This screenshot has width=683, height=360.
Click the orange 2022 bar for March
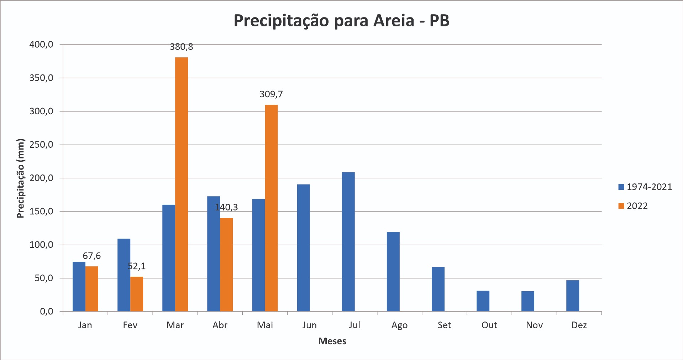tap(182, 184)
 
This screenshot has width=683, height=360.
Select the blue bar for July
tap(348, 242)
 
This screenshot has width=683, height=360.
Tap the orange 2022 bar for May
tap(271, 208)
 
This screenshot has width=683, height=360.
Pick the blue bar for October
tap(483, 301)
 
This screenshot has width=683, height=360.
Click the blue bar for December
tap(573, 296)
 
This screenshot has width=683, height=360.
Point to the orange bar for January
tap(92, 289)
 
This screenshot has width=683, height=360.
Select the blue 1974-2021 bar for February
tap(124, 275)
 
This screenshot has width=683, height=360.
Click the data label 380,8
tap(182, 47)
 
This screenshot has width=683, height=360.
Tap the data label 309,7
tap(271, 94)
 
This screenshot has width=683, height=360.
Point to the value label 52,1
tap(137, 266)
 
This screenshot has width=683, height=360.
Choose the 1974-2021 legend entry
tap(645, 187)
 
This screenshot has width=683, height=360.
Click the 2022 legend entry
tap(633, 206)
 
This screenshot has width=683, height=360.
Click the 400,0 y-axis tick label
tap(41, 45)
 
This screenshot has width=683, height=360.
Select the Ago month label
tap(399, 325)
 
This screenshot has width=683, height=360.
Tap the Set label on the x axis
tap(444, 325)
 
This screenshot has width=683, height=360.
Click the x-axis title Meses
tap(332, 341)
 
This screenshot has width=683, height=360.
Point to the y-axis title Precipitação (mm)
tap(21, 178)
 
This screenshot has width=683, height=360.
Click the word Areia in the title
tap(394, 20)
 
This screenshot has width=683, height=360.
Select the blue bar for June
tap(303, 248)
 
